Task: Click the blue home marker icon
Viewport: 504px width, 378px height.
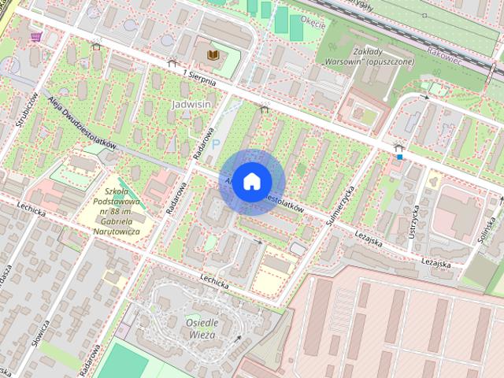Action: click(251, 181)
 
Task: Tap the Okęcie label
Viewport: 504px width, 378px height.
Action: click(313, 24)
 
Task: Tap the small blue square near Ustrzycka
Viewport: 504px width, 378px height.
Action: click(400, 156)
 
